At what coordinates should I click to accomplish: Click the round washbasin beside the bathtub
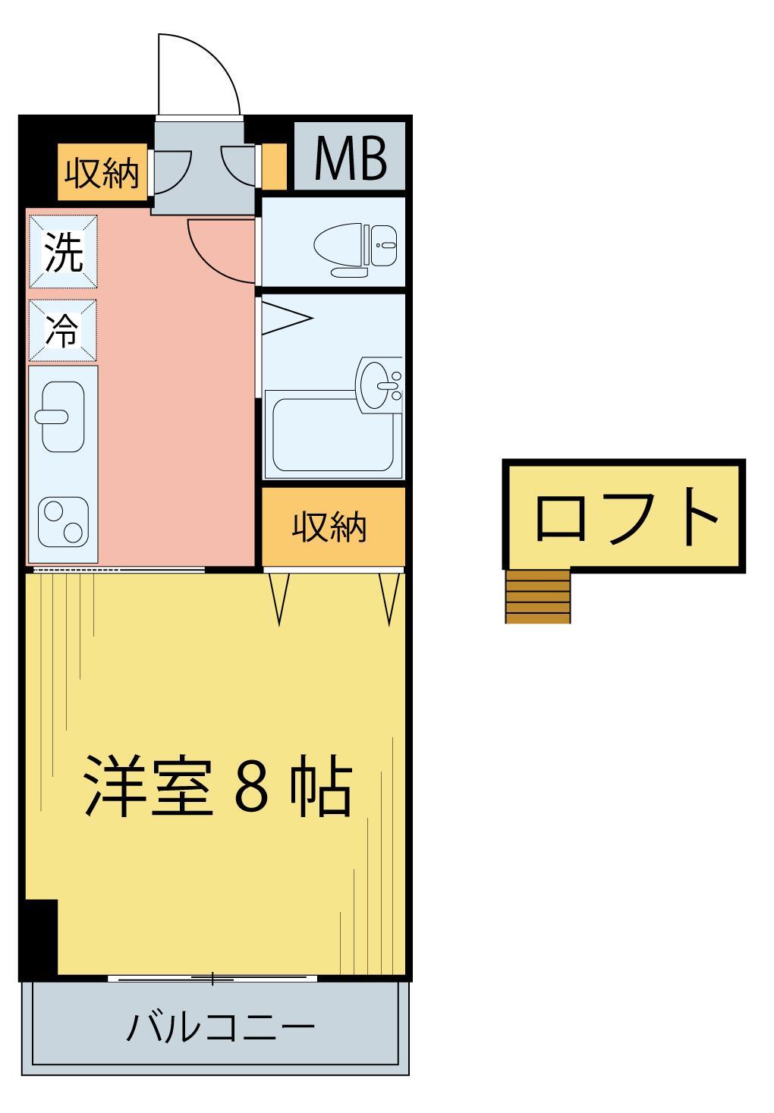click(377, 383)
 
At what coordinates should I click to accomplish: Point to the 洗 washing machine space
click(64, 252)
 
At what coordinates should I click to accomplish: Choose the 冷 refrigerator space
click(64, 330)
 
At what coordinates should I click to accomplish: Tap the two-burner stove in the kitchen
click(64, 520)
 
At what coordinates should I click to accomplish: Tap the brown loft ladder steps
click(537, 596)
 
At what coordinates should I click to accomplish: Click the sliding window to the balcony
click(212, 979)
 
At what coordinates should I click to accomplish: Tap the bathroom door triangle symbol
click(285, 318)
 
